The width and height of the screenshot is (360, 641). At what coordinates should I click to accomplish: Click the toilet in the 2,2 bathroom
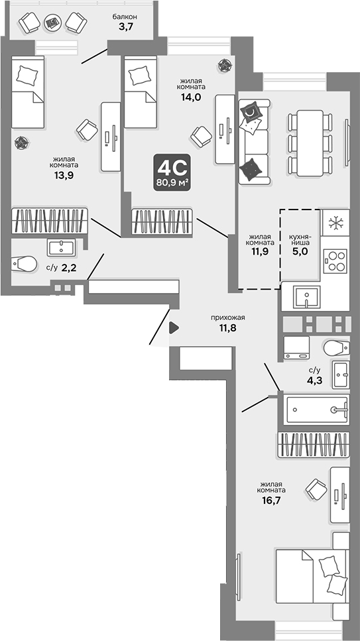pyautogui.click(x=25, y=264)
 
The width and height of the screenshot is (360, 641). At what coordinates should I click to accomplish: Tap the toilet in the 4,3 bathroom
pyautogui.click(x=337, y=347)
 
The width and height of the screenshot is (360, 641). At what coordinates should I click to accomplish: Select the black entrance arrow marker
pyautogui.click(x=174, y=327)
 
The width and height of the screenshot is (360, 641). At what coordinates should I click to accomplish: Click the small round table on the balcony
pyautogui.click(x=52, y=24)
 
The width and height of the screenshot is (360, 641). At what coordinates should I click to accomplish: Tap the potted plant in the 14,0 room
pyautogui.click(x=224, y=64)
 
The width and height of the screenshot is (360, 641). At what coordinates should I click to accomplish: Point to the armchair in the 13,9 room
pyautogui.click(x=86, y=129)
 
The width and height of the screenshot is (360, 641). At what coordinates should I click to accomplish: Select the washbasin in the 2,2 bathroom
pyautogui.click(x=62, y=248)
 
